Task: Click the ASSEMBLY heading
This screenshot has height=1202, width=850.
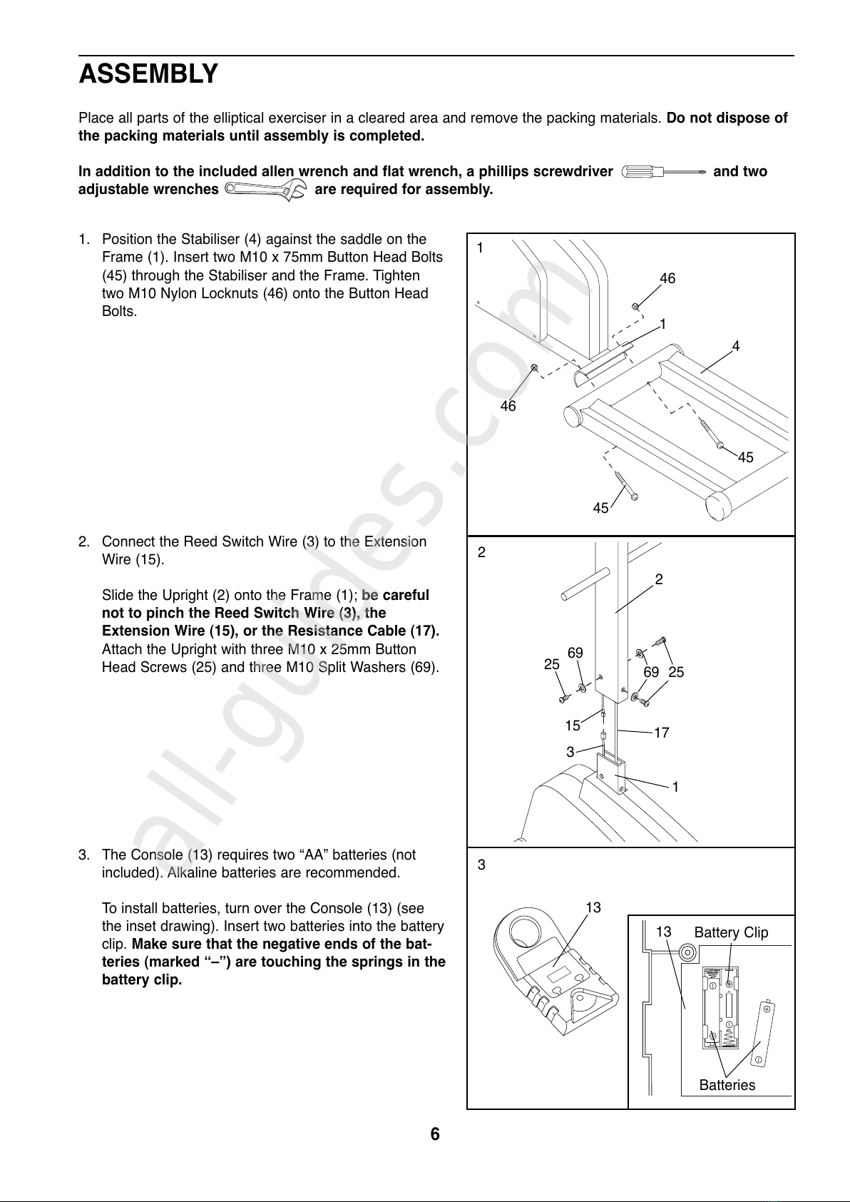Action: [x=148, y=73]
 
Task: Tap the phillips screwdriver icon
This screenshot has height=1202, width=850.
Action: [x=663, y=172]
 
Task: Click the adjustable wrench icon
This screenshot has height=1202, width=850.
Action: [x=266, y=190]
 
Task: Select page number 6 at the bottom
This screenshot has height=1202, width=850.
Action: [x=435, y=1134]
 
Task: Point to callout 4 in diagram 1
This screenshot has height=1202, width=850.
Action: [x=736, y=346]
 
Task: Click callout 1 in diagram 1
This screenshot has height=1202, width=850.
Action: [x=663, y=324]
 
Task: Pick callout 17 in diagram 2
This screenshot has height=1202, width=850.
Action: [x=662, y=733]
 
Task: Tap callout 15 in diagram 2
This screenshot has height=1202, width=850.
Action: [x=573, y=725]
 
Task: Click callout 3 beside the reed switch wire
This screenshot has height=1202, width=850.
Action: [x=570, y=752]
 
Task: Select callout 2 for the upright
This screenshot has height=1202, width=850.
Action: [x=659, y=579]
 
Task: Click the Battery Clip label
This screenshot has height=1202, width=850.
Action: [x=731, y=932]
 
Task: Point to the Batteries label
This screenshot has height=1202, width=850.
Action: [x=727, y=1085]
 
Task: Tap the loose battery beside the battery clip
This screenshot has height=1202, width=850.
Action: [x=763, y=1033]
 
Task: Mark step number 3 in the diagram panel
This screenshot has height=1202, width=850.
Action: [x=481, y=865]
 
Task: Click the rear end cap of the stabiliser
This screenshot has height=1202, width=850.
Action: [x=720, y=505]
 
